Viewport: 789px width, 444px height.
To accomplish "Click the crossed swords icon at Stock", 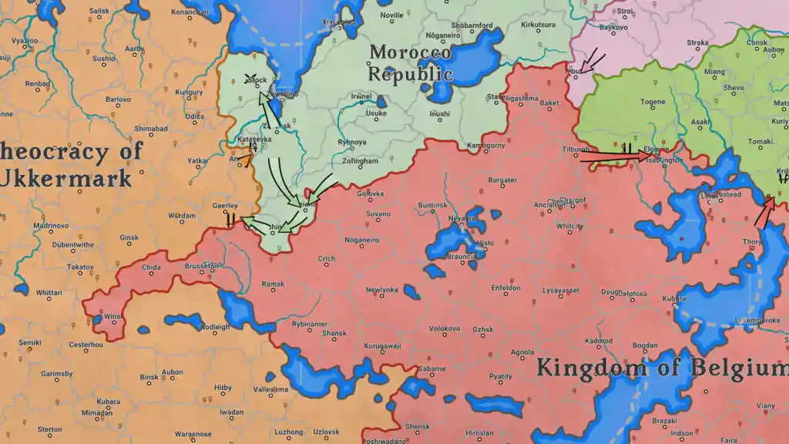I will (250, 78).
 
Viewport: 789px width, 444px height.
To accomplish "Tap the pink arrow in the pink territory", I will (592, 61).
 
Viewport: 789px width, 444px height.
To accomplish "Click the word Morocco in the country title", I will (410, 53).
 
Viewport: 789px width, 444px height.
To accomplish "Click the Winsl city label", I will (112, 316).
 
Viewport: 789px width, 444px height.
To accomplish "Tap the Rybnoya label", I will (351, 142).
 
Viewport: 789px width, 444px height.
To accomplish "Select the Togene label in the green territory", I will (653, 102).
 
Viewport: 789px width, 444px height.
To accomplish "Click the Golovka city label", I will (370, 193).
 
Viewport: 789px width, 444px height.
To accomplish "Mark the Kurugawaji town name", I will (383, 345).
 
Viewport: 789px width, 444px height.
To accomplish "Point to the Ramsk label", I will (273, 284).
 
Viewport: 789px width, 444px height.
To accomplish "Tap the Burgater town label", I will (502, 180).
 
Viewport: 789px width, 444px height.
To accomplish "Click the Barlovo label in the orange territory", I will (118, 99).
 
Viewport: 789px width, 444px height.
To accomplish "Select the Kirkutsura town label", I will (538, 25).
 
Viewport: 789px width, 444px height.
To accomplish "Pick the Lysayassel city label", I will (560, 290).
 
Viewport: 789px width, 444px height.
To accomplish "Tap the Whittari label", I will (49, 292).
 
